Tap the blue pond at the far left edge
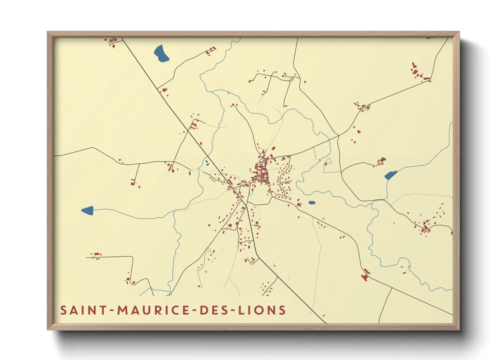88,210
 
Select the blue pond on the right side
390,175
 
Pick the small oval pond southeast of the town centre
312,203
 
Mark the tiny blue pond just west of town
207,163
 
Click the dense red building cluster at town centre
261,174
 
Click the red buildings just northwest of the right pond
381,161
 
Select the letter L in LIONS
241,310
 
